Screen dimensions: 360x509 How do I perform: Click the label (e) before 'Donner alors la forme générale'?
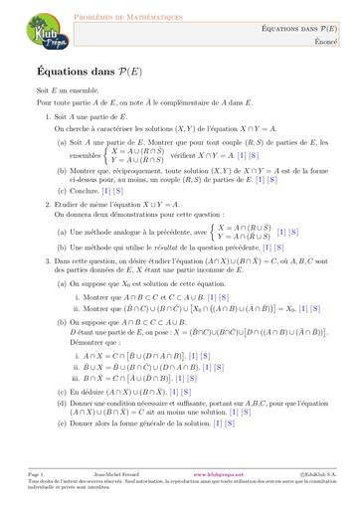pyautogui.click(x=63, y=424)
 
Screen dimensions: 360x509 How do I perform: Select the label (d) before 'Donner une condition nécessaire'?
pyautogui.click(x=64, y=403)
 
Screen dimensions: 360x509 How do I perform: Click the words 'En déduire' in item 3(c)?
pyautogui.click(x=90, y=391)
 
